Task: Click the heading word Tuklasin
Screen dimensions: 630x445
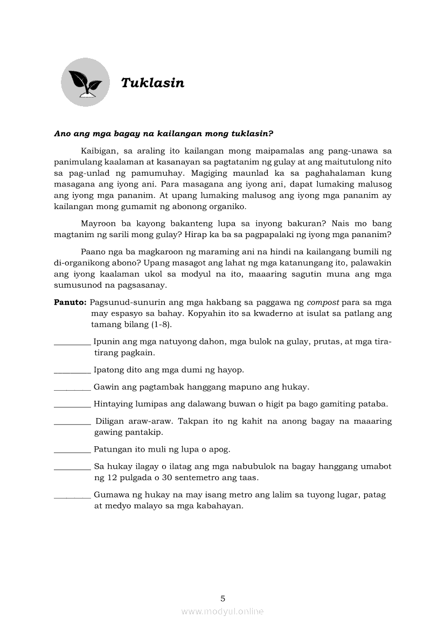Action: [x=152, y=83]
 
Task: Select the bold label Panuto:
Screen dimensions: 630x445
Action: [x=70, y=302]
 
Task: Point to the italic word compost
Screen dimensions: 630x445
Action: [x=323, y=302]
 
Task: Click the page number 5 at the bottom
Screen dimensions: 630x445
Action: [x=222, y=598]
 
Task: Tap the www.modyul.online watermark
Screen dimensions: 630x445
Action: [x=222, y=612]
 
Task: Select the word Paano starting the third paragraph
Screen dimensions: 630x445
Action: [x=93, y=252]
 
